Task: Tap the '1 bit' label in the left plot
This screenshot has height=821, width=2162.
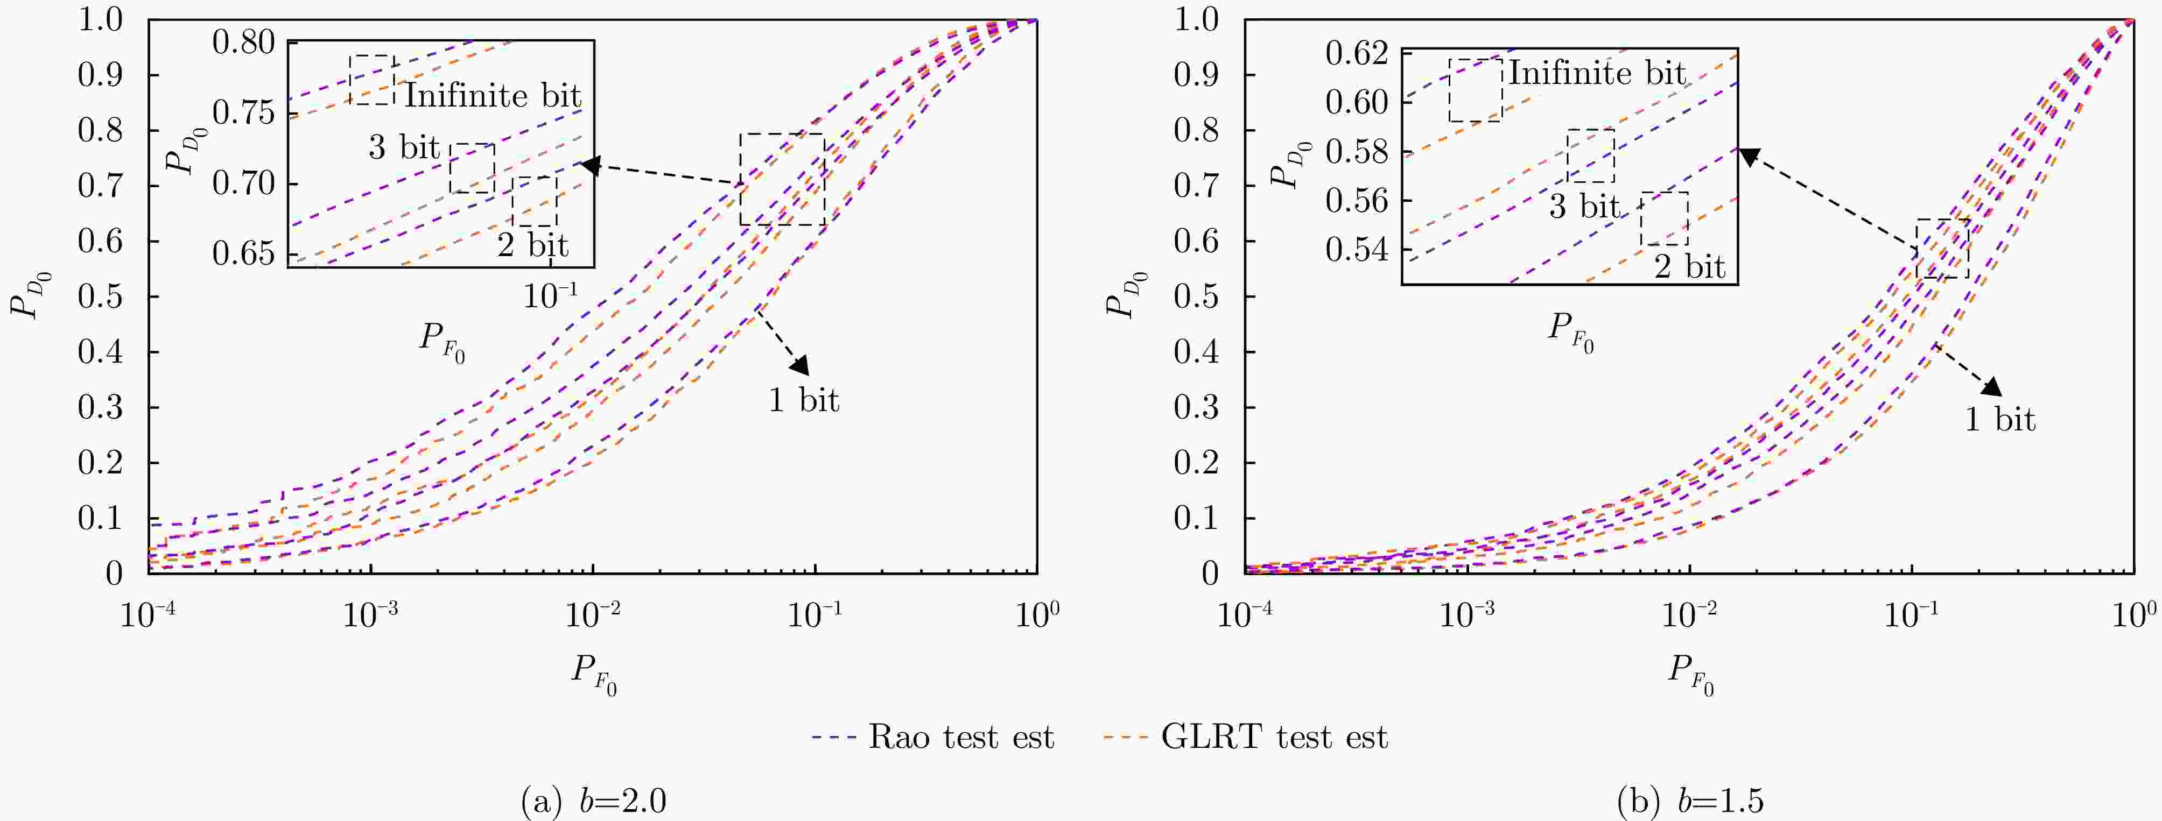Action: pos(803,400)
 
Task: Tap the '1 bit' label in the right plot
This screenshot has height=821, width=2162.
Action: pos(2000,419)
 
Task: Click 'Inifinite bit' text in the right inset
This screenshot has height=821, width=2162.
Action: pos(1597,74)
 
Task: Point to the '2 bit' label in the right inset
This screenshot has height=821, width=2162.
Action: pos(1689,267)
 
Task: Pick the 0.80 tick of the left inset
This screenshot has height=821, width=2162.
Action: pos(243,42)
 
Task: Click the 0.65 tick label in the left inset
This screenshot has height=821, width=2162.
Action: pos(243,253)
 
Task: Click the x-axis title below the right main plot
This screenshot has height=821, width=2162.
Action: pos(1689,675)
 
